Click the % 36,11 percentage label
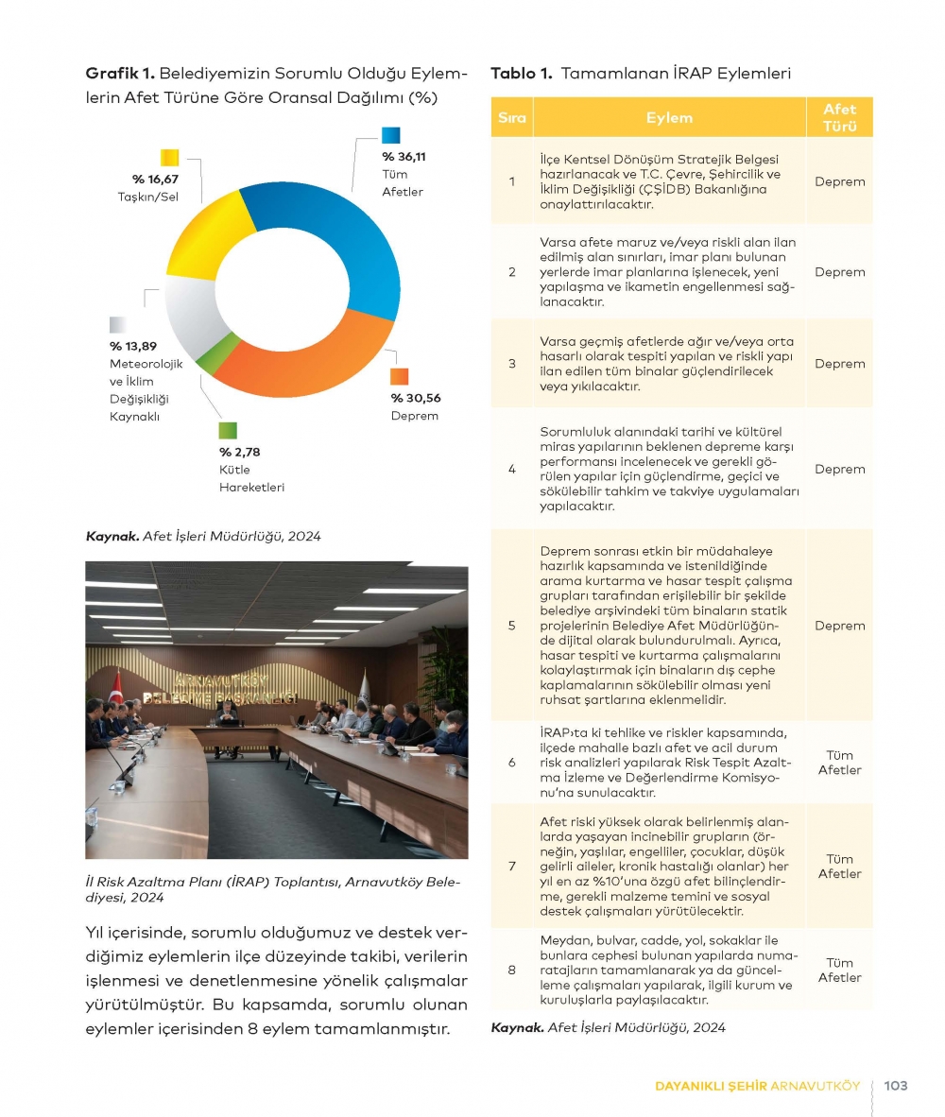click(x=404, y=157)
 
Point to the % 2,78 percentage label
click(x=240, y=452)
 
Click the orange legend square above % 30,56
click(x=400, y=376)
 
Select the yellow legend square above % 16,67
click(x=170, y=158)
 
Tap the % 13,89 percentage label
click(x=133, y=347)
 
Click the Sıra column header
click(x=511, y=118)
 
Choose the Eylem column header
click(x=669, y=118)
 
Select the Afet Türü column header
click(x=839, y=118)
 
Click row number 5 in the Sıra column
click(x=511, y=626)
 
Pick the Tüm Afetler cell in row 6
click(x=839, y=763)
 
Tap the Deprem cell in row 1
click(x=839, y=181)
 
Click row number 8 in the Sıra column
click(x=511, y=970)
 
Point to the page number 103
click(x=895, y=1086)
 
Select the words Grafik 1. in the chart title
click(x=120, y=73)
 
